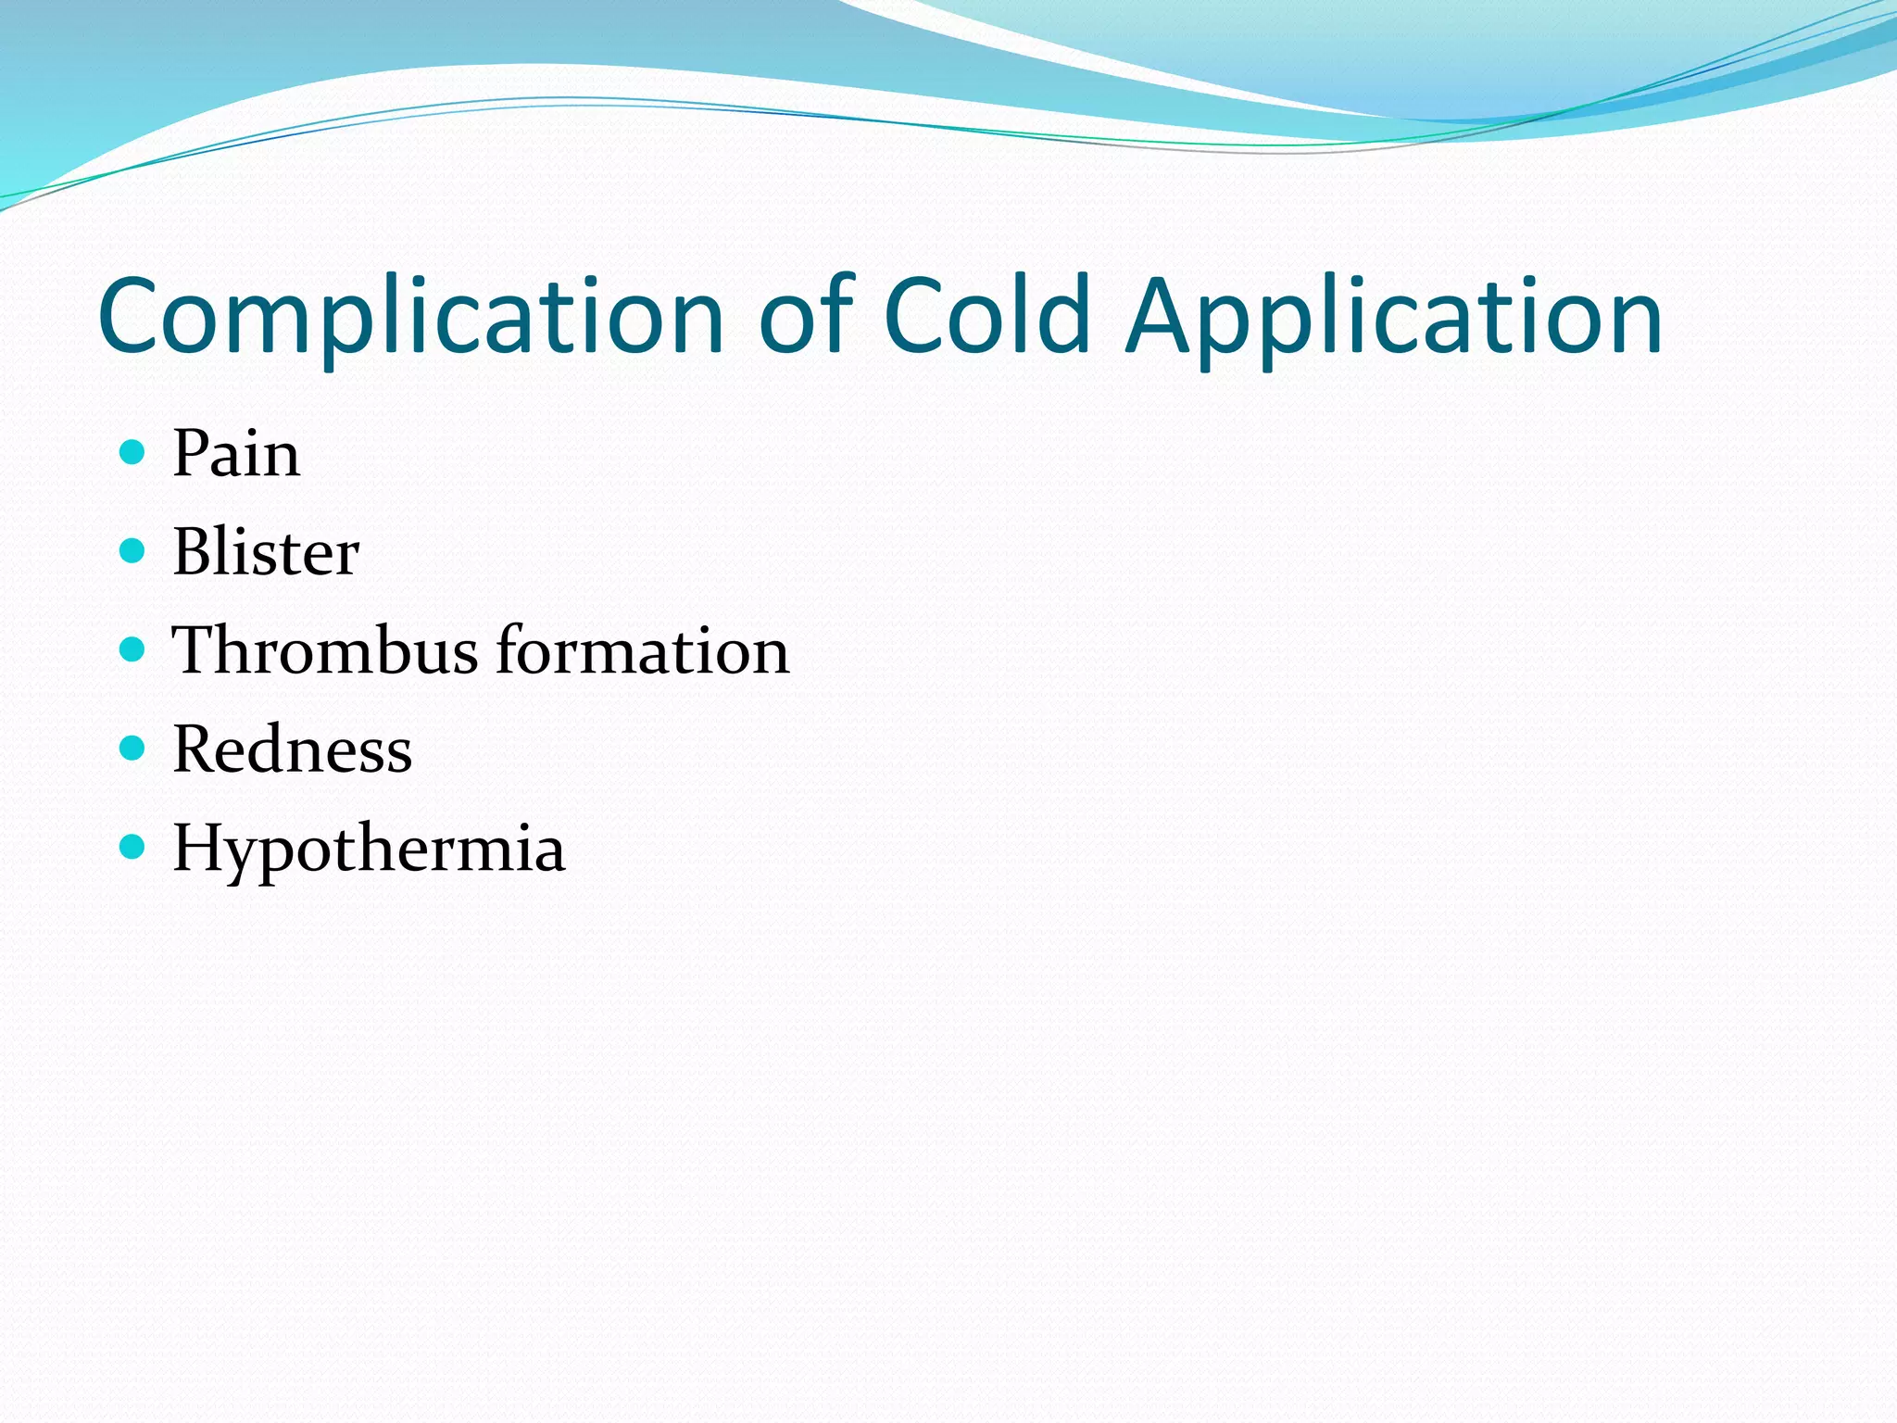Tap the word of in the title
pyautogui.click(x=805, y=317)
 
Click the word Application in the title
pyautogui.click(x=1394, y=317)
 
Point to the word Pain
pyautogui.click(x=236, y=454)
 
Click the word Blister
pyautogui.click(x=266, y=552)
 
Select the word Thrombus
pyautogui.click(x=325, y=650)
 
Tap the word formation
pyautogui.click(x=643, y=650)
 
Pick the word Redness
pyautogui.click(x=292, y=749)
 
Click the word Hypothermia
pyautogui.click(x=369, y=848)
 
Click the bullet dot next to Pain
pyautogui.click(x=133, y=453)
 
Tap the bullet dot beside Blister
pyautogui.click(x=133, y=551)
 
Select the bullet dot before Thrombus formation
pyautogui.click(x=133, y=649)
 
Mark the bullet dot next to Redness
pyautogui.click(x=133, y=748)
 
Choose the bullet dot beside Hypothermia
pyautogui.click(x=133, y=847)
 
